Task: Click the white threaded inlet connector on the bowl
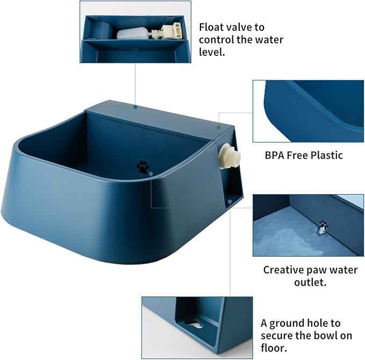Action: coord(231,157)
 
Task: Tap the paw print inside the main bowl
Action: coord(143,166)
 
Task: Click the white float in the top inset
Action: coord(131,33)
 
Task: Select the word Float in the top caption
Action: coord(212,27)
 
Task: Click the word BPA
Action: coord(275,156)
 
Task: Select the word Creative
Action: coord(284,270)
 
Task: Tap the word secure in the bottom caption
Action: coord(278,335)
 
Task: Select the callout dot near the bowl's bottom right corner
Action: coord(230,201)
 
